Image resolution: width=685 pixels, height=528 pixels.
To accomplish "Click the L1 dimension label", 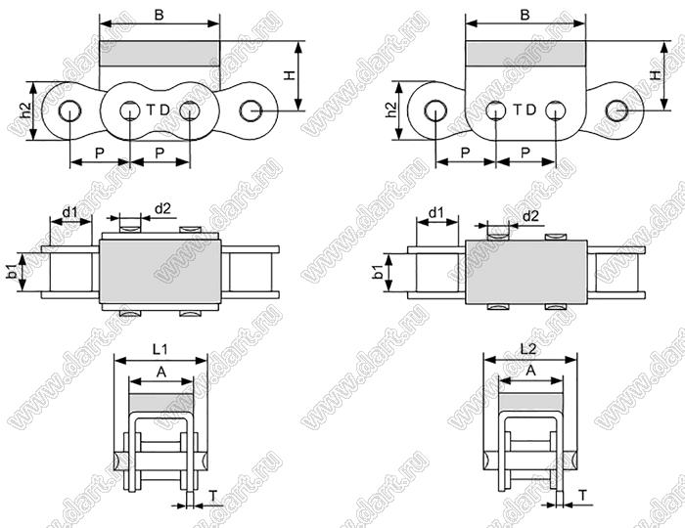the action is (160, 349).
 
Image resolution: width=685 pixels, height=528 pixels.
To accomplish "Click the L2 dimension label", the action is (528, 349).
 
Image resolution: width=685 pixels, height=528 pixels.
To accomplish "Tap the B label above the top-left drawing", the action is (159, 15).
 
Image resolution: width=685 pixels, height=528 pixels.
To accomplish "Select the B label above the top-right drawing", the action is (525, 15).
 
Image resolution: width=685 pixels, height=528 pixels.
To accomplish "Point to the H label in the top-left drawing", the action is (290, 75).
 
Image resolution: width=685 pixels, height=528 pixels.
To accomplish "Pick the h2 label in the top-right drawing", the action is (391, 110).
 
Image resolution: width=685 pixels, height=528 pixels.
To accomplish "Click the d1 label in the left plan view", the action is (69, 212).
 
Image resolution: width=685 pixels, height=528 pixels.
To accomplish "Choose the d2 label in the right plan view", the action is (530, 215).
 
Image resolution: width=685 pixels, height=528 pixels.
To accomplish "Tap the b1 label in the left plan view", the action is (13, 272).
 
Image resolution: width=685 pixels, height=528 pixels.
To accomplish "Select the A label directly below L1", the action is (161, 373).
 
